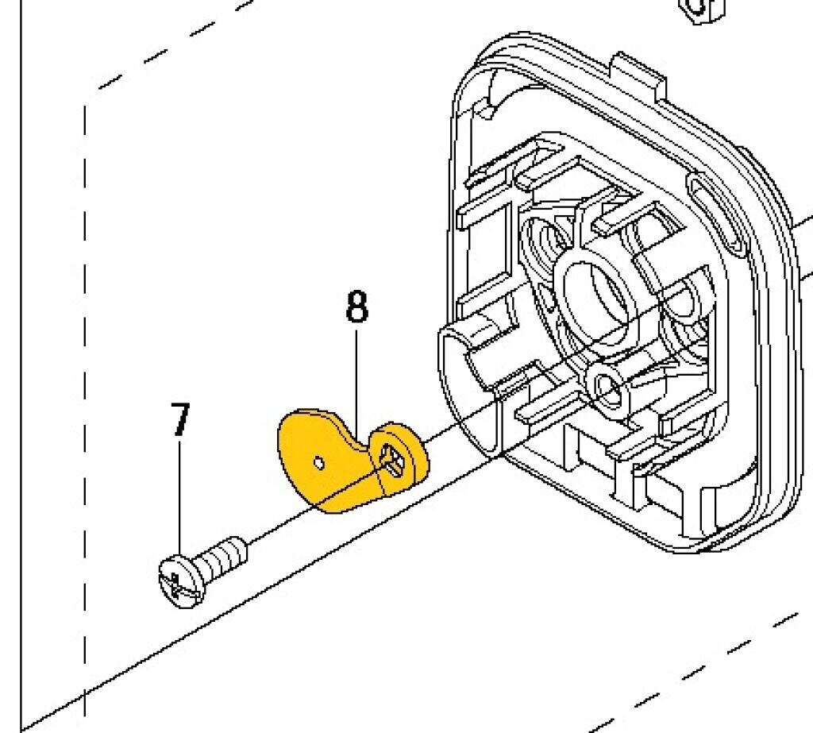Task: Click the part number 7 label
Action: point(180,420)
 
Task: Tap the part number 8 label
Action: point(356,307)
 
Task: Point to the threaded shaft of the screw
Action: point(223,555)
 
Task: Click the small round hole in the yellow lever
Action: point(318,461)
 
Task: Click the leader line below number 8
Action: point(356,381)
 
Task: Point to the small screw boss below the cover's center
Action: point(610,387)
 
